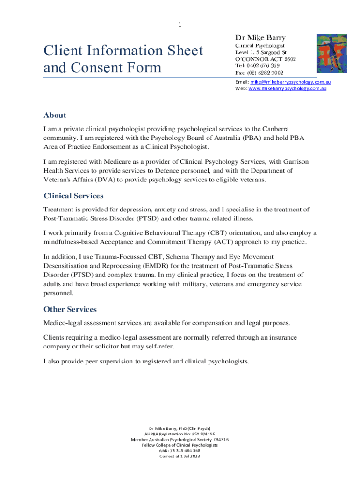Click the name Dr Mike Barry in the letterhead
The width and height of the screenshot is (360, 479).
pyautogui.click(x=260, y=37)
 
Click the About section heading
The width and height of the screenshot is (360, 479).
pyautogui.click(x=55, y=115)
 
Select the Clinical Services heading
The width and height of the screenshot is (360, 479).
pyautogui.click(x=73, y=196)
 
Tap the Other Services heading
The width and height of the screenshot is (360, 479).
pyautogui.click(x=70, y=309)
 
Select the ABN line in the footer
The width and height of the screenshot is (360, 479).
pyautogui.click(x=180, y=451)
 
